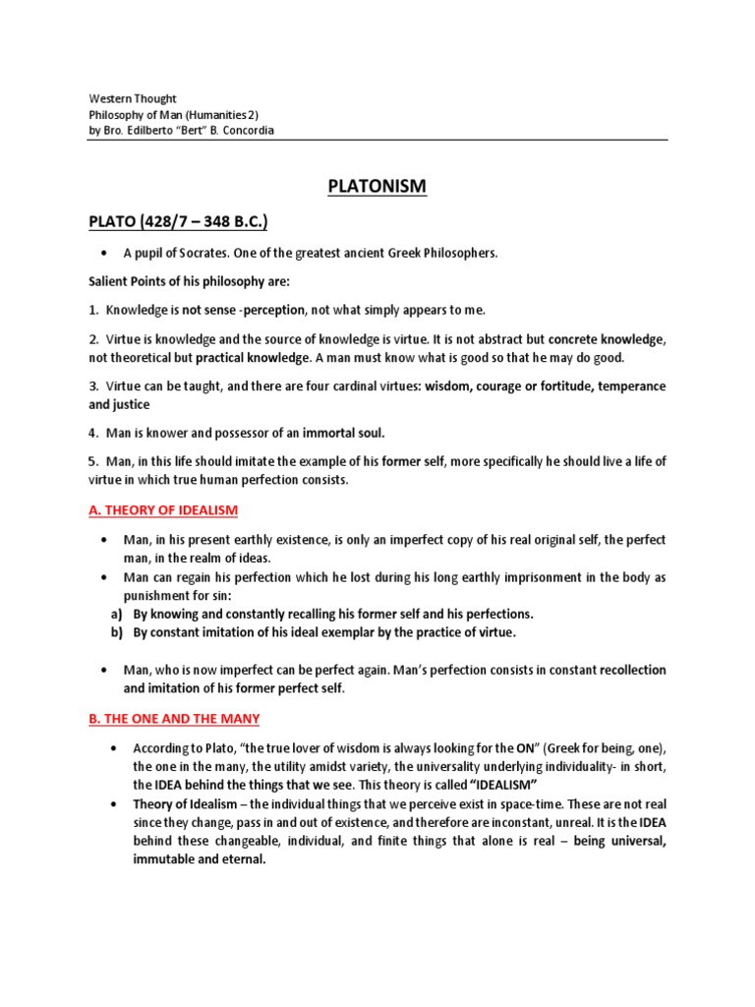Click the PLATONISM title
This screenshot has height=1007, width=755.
[x=377, y=186]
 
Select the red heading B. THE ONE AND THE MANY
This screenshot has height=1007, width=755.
[x=174, y=719]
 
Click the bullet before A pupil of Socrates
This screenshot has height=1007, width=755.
[x=103, y=253]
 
